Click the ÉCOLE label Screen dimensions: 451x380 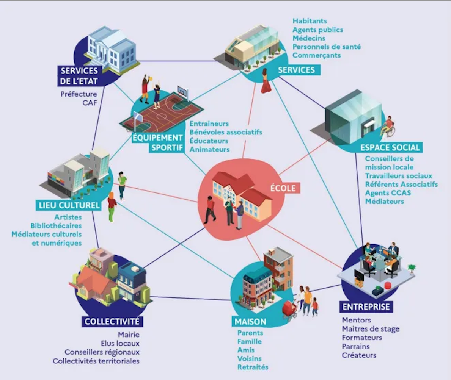click(x=283, y=188)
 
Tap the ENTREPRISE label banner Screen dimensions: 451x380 click(x=366, y=307)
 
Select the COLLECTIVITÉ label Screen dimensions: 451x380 click(x=112, y=321)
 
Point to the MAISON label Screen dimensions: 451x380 click(x=250, y=322)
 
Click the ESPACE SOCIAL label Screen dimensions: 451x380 click(x=390, y=148)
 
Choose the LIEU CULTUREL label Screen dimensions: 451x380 click(x=69, y=205)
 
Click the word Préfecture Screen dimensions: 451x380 click(x=79, y=94)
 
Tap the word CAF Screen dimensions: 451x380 click(x=90, y=103)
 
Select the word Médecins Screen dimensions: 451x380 click(x=309, y=38)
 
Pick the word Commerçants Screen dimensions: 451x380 click(x=317, y=55)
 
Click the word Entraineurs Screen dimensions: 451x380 click(x=209, y=124)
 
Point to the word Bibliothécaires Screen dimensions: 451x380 click(x=56, y=226)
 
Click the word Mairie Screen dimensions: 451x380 click(x=129, y=335)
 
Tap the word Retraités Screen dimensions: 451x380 click(x=253, y=367)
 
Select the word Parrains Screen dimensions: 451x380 click(x=356, y=346)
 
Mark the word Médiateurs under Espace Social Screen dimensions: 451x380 click(x=385, y=202)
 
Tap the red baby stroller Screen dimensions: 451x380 click(x=290, y=310)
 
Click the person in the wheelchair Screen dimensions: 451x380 click(x=388, y=127)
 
